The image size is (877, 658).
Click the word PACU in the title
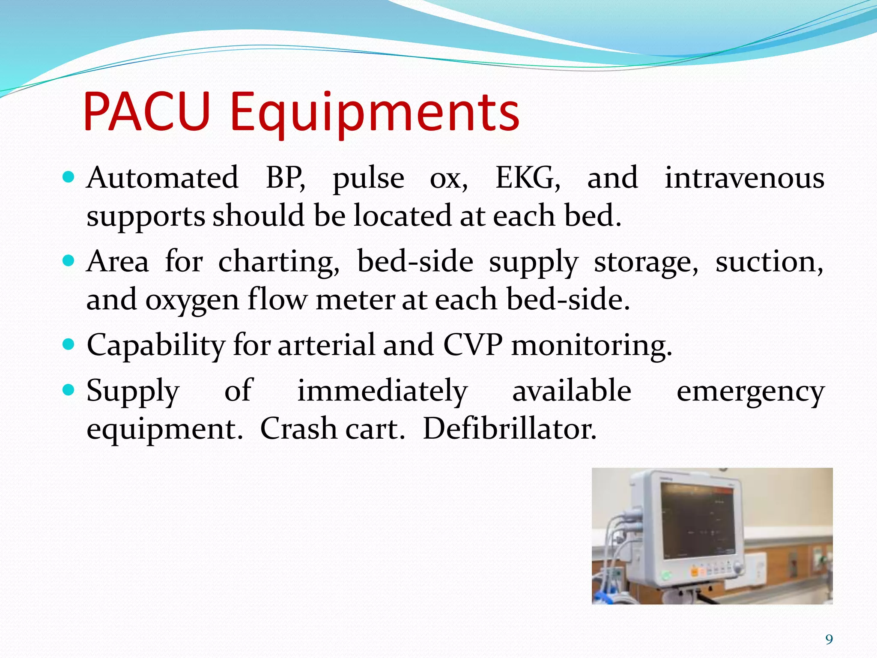coord(146,113)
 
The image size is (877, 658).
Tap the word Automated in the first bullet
coord(162,178)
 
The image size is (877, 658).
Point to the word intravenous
coord(744,178)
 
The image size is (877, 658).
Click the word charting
coord(279,262)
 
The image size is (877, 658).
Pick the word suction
coord(769,262)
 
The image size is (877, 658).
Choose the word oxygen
coord(192,300)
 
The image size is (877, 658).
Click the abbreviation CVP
coord(472,345)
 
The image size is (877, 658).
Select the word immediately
coord(382,391)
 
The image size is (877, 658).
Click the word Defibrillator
coord(510,429)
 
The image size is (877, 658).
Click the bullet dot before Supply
coord(69,390)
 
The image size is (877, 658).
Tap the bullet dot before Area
coord(69,261)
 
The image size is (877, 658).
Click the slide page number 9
coord(829,640)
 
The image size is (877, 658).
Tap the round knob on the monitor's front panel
coord(737,568)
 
